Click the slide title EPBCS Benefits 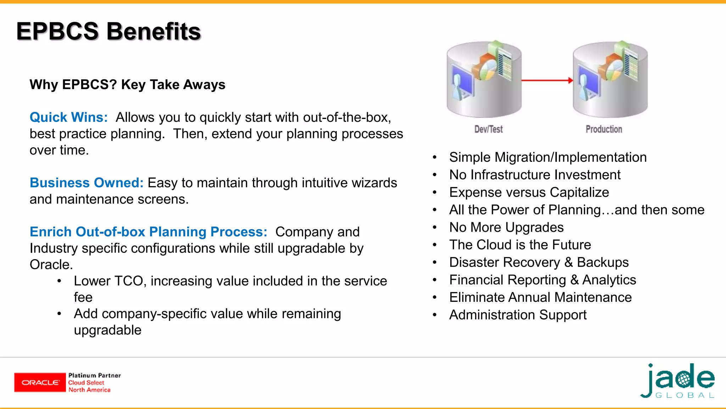click(108, 31)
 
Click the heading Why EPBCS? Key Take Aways click(127, 84)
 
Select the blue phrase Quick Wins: click(69, 117)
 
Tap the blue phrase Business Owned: click(86, 182)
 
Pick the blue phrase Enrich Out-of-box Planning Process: click(148, 231)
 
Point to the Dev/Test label click(488, 129)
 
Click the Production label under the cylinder click(603, 129)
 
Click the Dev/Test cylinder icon click(484, 80)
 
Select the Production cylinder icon click(610, 80)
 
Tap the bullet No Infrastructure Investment click(535, 175)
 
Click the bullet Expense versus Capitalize click(529, 192)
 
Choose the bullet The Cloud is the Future click(520, 245)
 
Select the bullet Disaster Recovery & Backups click(538, 262)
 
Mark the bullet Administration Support click(518, 315)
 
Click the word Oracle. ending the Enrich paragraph click(51, 265)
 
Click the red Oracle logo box click(40, 382)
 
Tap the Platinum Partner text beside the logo click(94, 376)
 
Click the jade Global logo click(678, 381)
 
